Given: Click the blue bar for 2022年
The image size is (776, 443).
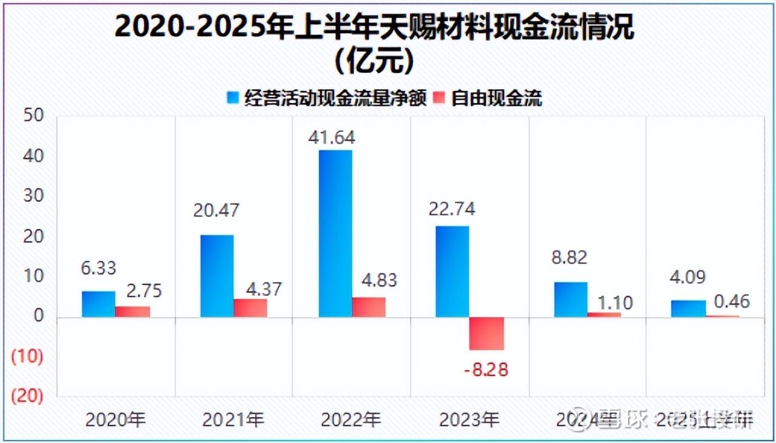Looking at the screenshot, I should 335,234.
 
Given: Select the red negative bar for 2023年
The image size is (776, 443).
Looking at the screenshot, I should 487,333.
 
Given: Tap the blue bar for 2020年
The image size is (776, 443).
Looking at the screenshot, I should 98,304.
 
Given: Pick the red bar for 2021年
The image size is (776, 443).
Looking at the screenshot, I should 250,308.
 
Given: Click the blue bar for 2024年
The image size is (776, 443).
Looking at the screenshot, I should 570,299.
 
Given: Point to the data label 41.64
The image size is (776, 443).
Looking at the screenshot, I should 332,137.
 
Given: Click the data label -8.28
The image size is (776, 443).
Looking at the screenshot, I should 486,370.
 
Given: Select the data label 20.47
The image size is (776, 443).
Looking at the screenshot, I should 216,210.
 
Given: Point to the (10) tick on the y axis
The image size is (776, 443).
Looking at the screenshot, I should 28,357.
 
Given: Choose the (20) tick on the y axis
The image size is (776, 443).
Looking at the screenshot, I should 28,396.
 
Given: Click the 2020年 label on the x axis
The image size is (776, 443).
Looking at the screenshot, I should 116,419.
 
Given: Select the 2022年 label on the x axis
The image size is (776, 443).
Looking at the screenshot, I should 351,419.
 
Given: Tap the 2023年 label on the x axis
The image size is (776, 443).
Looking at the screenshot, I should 469,419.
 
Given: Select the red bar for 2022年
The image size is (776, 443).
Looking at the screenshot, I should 369,307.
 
